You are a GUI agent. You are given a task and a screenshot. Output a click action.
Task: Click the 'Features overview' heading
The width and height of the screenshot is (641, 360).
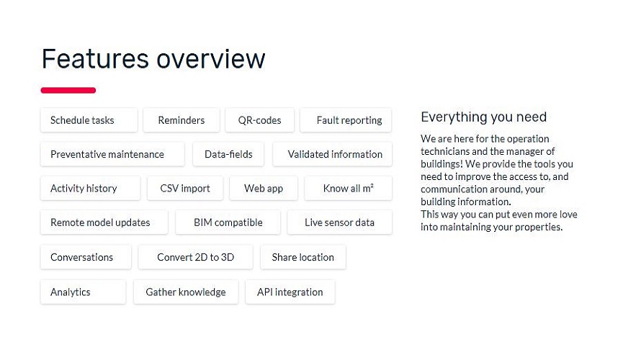coord(153,59)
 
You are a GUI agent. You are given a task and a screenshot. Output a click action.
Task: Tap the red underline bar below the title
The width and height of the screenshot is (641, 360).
coord(68,90)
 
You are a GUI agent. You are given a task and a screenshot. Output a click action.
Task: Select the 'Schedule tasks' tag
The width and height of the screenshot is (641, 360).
coord(89,120)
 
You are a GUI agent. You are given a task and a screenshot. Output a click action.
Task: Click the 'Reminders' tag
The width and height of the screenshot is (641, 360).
coord(181,120)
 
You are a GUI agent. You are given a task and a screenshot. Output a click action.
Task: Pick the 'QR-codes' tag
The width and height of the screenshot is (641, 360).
coord(259,120)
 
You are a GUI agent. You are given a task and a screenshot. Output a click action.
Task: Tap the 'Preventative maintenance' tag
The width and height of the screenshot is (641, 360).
coord(112,154)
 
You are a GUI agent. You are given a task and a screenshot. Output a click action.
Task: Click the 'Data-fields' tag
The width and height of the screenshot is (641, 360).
coord(228,154)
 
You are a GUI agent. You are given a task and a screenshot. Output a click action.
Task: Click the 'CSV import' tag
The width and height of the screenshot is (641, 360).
coord(185,188)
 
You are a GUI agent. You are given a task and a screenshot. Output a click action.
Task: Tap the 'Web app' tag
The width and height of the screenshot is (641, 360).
coord(263,188)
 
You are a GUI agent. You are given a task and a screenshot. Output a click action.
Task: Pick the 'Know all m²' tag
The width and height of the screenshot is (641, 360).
coord(348,188)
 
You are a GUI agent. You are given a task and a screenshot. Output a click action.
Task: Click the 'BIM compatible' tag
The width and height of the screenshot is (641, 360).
coord(228,222)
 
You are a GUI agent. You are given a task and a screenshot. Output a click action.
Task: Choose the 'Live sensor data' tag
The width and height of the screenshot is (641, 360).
coord(339,222)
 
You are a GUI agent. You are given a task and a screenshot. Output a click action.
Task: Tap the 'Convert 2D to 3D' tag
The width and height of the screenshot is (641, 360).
coord(195,257)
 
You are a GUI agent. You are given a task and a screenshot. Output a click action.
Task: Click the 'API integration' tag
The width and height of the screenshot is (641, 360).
coord(290,292)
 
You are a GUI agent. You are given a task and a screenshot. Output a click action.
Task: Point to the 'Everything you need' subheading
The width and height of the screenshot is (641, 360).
coord(483,117)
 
